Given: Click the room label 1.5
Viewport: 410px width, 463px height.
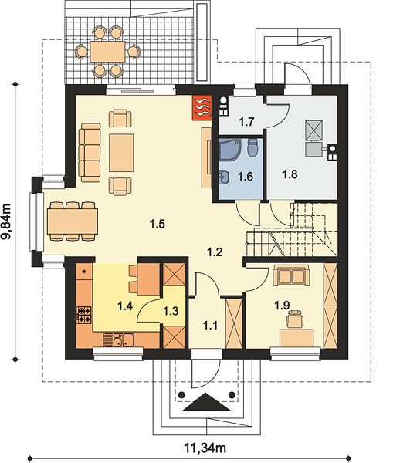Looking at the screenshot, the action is [158, 224].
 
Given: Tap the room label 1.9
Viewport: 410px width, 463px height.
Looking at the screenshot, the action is [282, 306].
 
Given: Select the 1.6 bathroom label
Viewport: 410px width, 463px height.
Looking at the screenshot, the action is [246, 177].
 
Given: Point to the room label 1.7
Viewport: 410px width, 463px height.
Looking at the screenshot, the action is [246, 122].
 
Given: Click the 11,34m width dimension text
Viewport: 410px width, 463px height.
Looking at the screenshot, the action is [205, 448].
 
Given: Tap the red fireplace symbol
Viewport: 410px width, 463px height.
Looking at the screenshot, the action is [202, 107].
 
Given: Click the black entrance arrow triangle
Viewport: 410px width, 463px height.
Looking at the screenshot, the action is [207, 402].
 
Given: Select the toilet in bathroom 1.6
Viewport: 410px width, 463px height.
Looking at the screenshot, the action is [252, 147].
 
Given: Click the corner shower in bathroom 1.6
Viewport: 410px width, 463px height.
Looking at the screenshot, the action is [230, 149].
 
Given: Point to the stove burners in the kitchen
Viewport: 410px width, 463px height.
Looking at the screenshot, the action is [84, 315].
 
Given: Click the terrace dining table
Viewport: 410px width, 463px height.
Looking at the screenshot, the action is [108, 52].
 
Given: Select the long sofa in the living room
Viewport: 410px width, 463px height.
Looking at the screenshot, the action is [90, 153].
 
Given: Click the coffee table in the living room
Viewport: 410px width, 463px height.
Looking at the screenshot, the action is [121, 153].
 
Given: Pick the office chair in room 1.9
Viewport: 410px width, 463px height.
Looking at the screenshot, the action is [296, 319].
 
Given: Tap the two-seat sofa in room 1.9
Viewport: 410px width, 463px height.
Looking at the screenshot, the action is [292, 275].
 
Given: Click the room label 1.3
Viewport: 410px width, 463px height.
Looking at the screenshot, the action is [171, 311].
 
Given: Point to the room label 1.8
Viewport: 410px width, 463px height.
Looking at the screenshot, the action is [290, 174].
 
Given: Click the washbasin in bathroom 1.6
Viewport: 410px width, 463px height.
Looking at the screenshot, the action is [224, 177].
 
